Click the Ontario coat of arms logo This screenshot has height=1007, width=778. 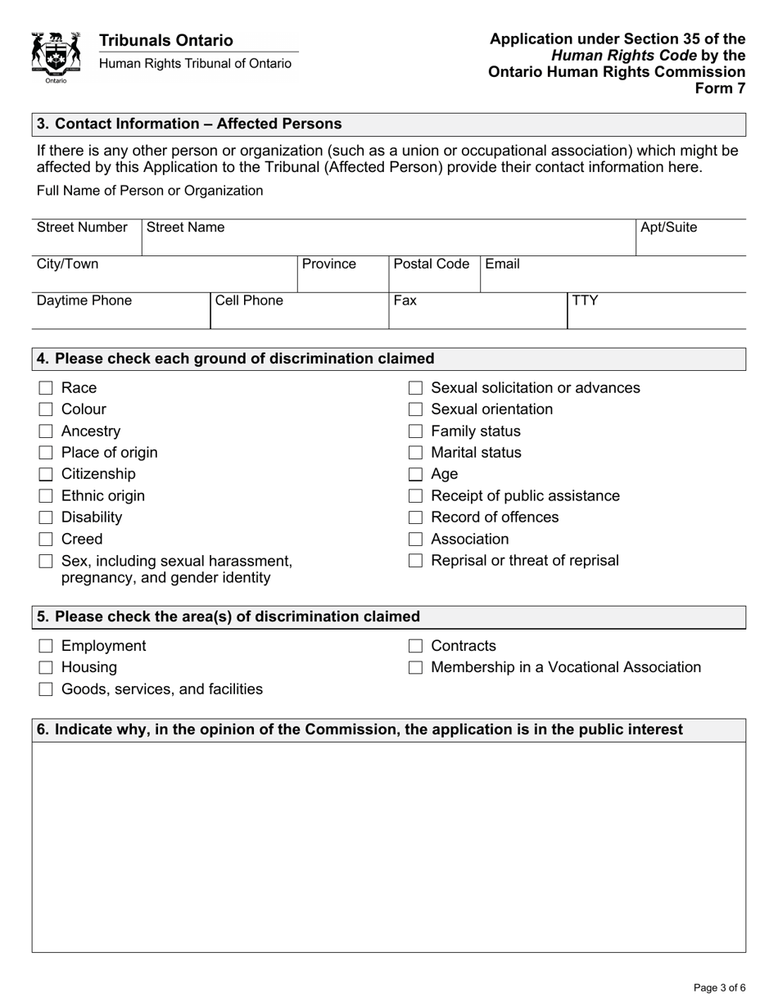pos(56,57)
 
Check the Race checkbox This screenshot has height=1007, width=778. pos(47,388)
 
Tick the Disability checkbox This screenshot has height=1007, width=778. pos(47,517)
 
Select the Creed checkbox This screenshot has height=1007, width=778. pos(47,540)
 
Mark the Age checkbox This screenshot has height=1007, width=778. pos(416,474)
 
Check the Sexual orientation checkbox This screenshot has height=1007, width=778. pos(416,409)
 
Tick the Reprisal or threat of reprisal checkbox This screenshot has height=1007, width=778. pos(416,561)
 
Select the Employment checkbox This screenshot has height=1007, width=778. pos(47,647)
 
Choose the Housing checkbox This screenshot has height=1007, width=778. pos(47,668)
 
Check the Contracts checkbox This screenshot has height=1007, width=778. pos(416,647)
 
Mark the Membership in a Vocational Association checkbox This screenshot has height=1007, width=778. pos(416,668)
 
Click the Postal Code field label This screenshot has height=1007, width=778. pos(432,264)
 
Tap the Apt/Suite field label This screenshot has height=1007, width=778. pos(668,228)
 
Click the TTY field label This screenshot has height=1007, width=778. pos(585,300)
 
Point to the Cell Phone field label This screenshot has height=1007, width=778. pos(249,300)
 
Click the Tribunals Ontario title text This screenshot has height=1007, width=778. pos(166,41)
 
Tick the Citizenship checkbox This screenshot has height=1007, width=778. pos(47,474)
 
